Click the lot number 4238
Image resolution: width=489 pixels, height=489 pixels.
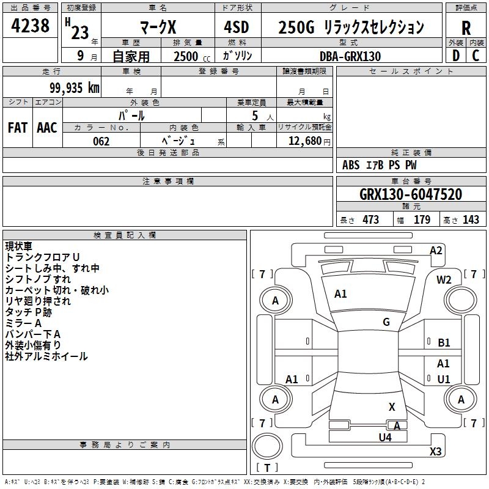tap(30, 26)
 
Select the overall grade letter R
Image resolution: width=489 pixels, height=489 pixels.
tap(466, 28)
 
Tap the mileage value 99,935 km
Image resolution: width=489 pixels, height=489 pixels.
tap(74, 88)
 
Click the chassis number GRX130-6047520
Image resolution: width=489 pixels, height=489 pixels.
tap(411, 194)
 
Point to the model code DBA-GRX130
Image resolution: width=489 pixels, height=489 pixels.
tap(350, 56)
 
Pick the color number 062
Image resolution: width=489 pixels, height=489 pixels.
tap(101, 141)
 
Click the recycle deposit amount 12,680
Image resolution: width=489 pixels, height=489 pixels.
tap(305, 141)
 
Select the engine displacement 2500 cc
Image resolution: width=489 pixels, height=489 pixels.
tap(192, 56)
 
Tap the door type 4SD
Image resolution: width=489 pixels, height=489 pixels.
tap(237, 27)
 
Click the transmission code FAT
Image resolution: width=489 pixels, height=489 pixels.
tap(18, 128)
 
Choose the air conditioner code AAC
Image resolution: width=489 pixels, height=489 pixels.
tap(47, 128)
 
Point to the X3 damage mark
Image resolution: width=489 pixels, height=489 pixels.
tap(435, 451)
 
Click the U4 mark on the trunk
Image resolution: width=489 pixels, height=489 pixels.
tap(385, 437)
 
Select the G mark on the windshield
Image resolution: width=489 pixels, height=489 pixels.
tap(386, 322)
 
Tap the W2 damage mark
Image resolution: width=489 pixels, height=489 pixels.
tap(444, 280)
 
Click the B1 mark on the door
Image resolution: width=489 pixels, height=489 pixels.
tap(444, 343)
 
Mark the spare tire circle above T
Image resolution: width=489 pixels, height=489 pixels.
tap(267, 446)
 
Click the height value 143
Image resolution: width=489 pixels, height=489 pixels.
tap(471, 219)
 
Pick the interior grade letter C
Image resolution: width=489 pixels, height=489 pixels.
tap(476, 56)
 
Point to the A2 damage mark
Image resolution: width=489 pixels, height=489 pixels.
tap(436, 251)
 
